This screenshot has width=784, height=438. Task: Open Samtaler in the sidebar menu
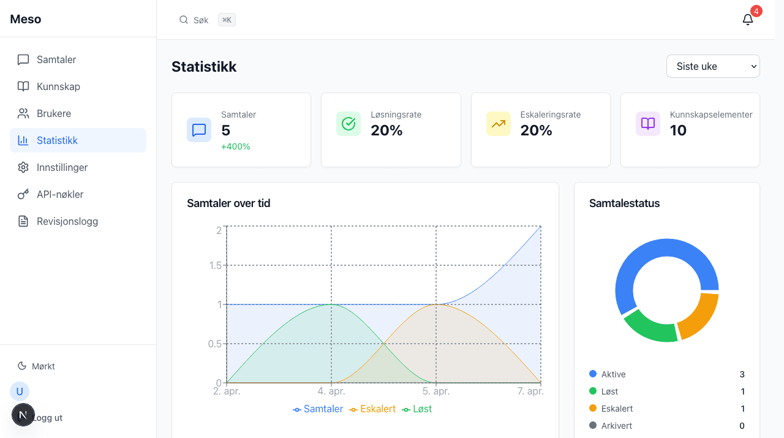click(x=56, y=59)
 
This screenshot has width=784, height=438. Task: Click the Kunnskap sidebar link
click(x=58, y=86)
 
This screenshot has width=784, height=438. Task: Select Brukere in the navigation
click(x=54, y=113)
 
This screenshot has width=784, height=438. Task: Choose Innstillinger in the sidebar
click(x=62, y=167)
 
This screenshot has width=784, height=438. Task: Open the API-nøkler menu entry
click(x=60, y=194)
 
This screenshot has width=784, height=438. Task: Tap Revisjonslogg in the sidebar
click(x=67, y=221)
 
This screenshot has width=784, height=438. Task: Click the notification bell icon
click(x=747, y=20)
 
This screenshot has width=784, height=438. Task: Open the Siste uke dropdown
click(x=713, y=66)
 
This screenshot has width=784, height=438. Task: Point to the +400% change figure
click(x=236, y=146)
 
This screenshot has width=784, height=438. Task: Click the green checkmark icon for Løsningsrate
click(x=349, y=124)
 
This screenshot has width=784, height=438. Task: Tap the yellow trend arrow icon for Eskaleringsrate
click(x=498, y=124)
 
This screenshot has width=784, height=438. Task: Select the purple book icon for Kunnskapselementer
click(x=648, y=124)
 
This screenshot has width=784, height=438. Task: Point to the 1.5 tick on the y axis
click(x=214, y=265)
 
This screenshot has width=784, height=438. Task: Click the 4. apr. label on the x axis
click(x=331, y=391)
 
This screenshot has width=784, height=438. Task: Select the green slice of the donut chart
click(x=649, y=328)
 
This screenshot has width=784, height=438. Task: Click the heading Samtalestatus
click(x=624, y=203)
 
